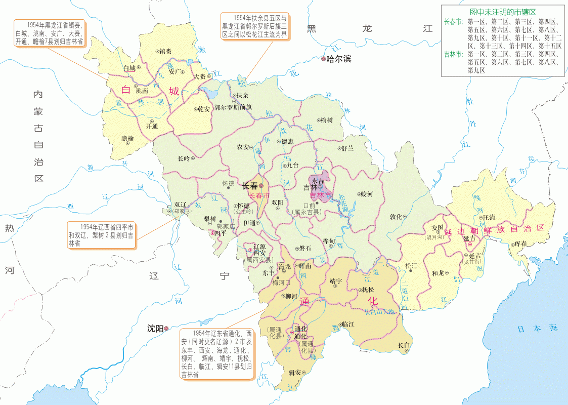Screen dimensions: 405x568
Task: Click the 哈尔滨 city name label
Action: click(x=339, y=59)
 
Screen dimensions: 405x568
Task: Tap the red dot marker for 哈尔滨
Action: click(x=324, y=59)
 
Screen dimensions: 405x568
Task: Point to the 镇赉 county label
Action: click(x=165, y=51)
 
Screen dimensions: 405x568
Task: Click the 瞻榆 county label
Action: click(x=128, y=138)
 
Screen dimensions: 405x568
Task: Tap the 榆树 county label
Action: click(x=327, y=120)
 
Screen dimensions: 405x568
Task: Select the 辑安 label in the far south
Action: click(x=294, y=373)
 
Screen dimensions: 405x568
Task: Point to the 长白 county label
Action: click(x=404, y=345)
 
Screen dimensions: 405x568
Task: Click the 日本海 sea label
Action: click(x=537, y=329)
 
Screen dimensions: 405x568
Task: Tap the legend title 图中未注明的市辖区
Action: click(x=502, y=11)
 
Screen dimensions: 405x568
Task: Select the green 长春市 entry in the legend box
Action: click(x=453, y=22)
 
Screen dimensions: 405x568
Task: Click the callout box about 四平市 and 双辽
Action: click(x=101, y=235)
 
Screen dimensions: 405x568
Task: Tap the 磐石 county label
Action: click(x=305, y=248)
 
